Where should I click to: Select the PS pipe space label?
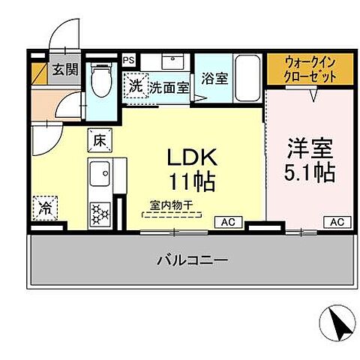tap(128, 59)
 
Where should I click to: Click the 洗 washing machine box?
tap(135, 86)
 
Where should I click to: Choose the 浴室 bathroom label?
tap(214, 78)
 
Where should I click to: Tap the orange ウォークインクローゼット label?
tap(308, 68)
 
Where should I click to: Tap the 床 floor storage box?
tap(100, 139)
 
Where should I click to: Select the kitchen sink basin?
tap(100, 178)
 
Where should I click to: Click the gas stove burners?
tap(99, 213)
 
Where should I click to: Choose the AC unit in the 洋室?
tap(336, 221)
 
